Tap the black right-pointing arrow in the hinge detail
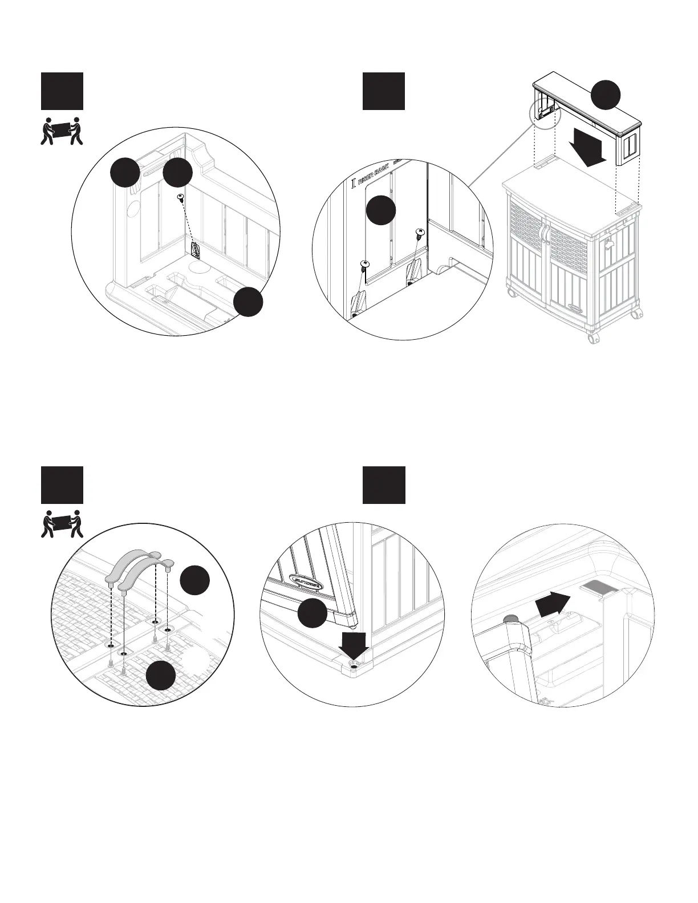pos(553,603)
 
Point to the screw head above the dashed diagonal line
pos(180,197)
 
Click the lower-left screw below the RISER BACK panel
pos(364,264)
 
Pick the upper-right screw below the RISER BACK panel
pos(419,232)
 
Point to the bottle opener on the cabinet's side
pos(610,243)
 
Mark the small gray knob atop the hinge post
pos(510,619)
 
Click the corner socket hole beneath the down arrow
pos(355,665)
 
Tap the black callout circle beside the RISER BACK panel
pos(381,210)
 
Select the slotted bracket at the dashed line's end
pos(195,250)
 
